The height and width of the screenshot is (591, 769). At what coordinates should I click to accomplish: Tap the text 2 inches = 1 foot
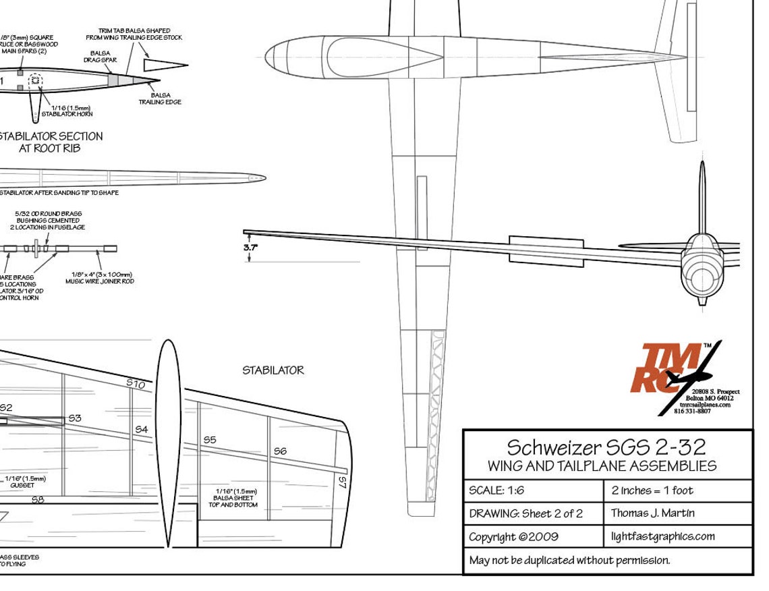pyautogui.click(x=652, y=490)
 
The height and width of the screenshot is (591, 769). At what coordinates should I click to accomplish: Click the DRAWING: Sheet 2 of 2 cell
pyautogui.click(x=525, y=513)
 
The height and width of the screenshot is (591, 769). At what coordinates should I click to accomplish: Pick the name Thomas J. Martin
pyautogui.click(x=652, y=513)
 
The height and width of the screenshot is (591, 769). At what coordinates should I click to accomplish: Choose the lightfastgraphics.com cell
pyautogui.click(x=662, y=537)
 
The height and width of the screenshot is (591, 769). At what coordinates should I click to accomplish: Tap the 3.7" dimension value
pyautogui.click(x=252, y=248)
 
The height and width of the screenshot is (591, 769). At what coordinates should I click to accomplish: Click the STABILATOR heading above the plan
pyautogui.click(x=273, y=370)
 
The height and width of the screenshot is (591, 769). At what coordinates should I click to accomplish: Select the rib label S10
pyautogui.click(x=136, y=384)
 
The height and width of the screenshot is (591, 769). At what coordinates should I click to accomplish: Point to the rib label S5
pyautogui.click(x=210, y=440)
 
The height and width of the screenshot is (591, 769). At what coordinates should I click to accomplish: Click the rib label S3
pyautogui.click(x=74, y=418)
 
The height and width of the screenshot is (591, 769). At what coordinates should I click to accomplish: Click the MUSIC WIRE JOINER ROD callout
pyautogui.click(x=99, y=278)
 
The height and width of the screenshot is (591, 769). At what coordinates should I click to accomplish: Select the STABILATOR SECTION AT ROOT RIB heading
pyautogui.click(x=50, y=142)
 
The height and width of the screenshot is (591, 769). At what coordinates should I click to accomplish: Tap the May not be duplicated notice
pyautogui.click(x=569, y=560)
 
